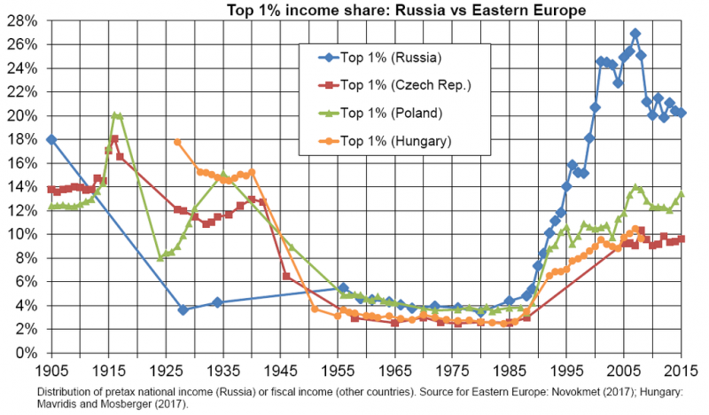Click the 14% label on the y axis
click(27, 187)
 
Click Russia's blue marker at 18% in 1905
click(51, 139)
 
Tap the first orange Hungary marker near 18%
click(177, 142)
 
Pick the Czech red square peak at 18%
click(114, 139)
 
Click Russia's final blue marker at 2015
click(682, 113)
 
